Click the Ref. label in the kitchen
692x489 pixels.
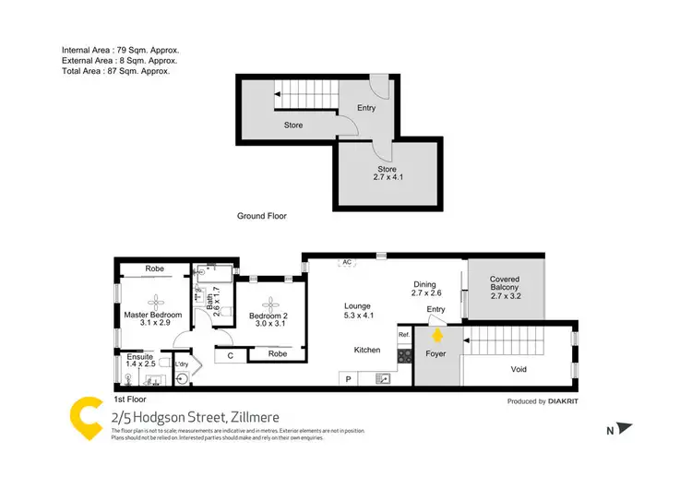(403, 334)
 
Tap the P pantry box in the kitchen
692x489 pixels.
(348, 378)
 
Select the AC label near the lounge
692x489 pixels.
(347, 262)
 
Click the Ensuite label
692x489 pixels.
(140, 356)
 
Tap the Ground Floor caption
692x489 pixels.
(262, 216)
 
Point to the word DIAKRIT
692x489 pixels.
(575, 401)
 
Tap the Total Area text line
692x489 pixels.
(115, 70)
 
